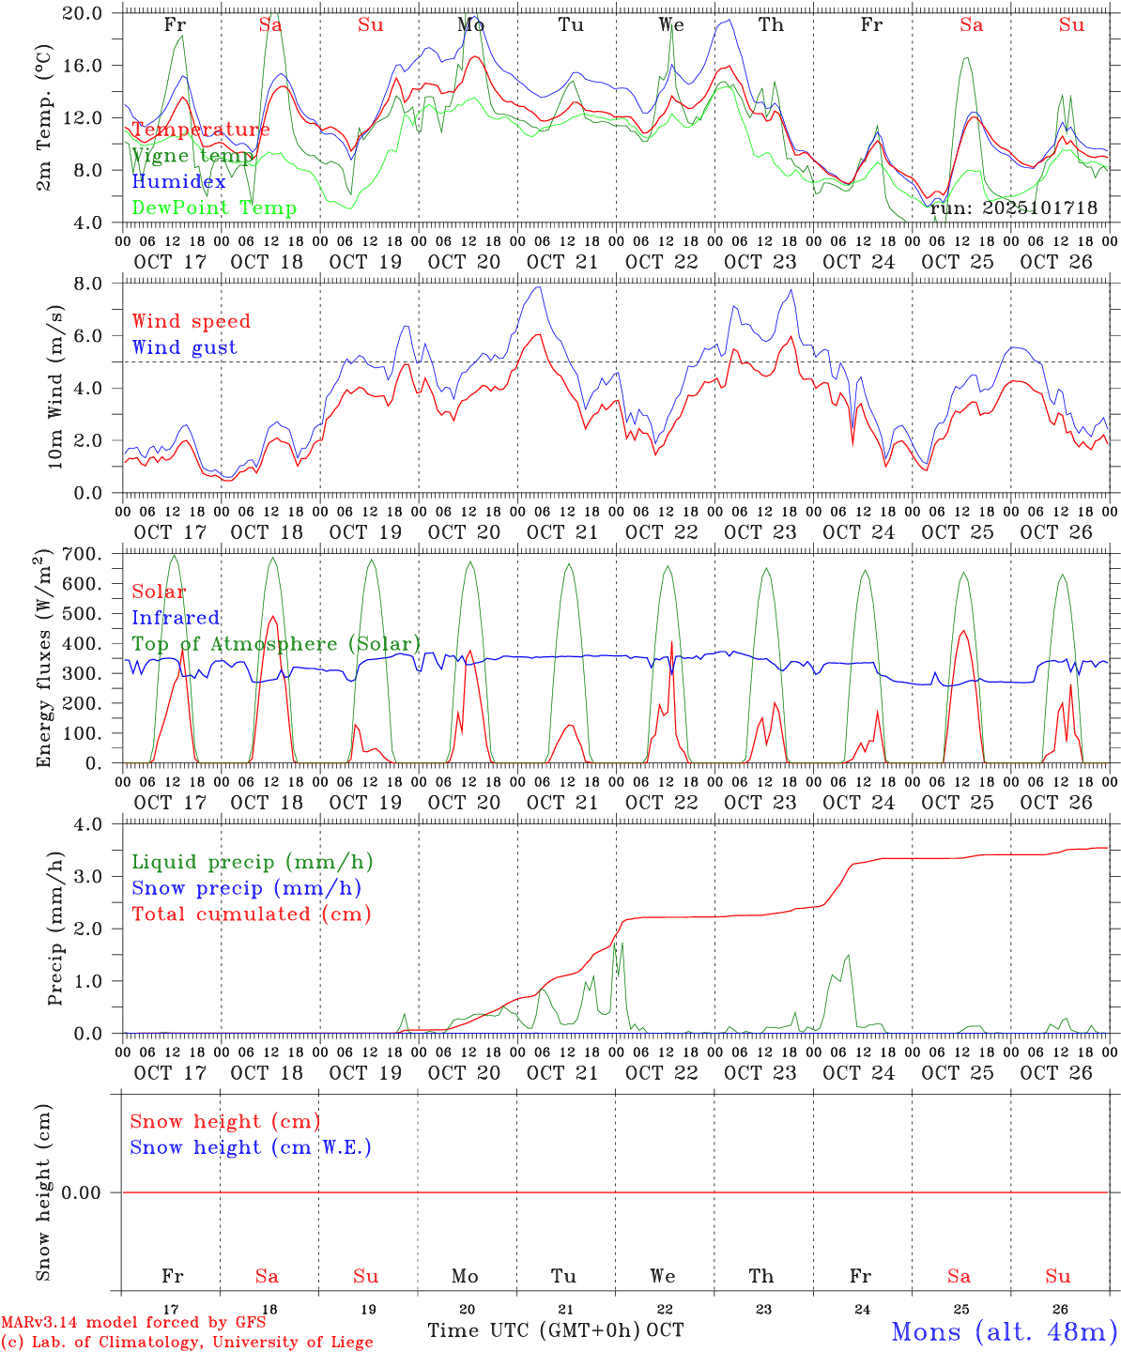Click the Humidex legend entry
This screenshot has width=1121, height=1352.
click(179, 182)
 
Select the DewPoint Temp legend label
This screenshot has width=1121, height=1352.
click(214, 208)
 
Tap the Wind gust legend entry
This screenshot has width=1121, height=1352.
click(185, 347)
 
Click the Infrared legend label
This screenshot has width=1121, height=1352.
click(176, 618)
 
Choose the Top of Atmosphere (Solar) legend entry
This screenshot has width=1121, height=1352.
click(276, 644)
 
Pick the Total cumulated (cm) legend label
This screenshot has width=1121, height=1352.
click(252, 914)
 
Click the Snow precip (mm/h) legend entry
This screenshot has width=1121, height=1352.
click(247, 888)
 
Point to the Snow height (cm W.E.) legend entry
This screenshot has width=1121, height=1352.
click(251, 1147)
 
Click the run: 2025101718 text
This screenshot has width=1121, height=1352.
click(1014, 208)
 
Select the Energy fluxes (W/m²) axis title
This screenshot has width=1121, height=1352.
click(44, 660)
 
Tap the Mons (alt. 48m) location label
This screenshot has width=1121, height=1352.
click(1004, 1331)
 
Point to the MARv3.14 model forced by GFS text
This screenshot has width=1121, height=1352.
click(133, 1323)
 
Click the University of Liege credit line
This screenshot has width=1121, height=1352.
click(188, 1343)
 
